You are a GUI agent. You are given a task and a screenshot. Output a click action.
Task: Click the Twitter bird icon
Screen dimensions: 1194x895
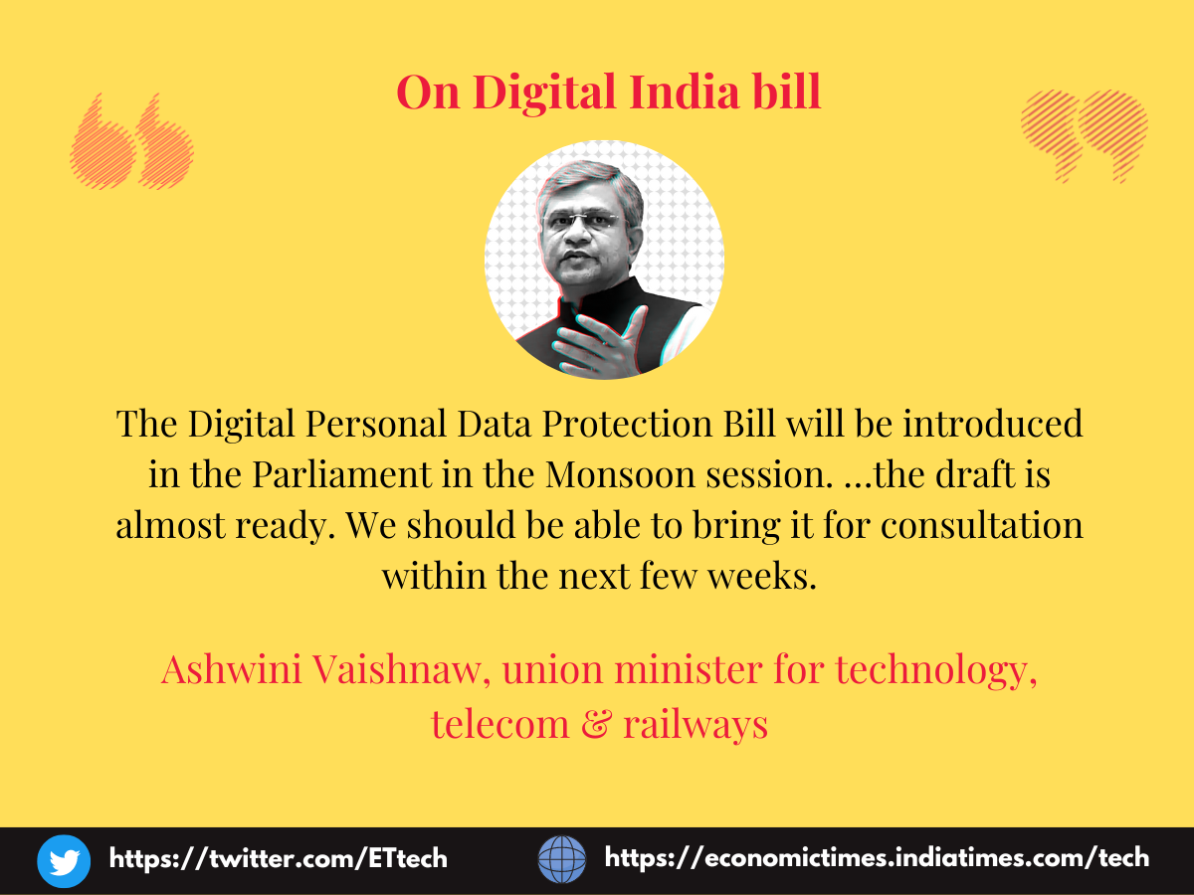point(64,861)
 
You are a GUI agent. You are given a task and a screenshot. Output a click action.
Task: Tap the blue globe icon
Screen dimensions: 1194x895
point(562,859)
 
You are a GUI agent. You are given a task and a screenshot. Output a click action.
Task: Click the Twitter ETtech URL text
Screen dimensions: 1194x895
point(278,858)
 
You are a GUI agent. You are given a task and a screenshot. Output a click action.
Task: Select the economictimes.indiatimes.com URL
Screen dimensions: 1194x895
point(877,858)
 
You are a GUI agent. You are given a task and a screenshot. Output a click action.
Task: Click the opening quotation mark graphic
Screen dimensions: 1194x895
point(131,141)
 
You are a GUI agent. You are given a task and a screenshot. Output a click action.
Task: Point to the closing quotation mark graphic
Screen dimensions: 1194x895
point(1085,136)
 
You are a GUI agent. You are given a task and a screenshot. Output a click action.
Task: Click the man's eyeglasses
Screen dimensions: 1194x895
point(580,221)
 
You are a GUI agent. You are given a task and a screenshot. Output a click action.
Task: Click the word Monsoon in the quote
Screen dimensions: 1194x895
point(620,475)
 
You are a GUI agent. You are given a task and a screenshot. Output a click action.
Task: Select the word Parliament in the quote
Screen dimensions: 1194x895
point(341,474)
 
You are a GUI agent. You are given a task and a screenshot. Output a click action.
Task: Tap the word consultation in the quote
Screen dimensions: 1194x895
point(981,525)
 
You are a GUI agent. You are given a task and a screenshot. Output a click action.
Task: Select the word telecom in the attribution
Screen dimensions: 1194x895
point(499,724)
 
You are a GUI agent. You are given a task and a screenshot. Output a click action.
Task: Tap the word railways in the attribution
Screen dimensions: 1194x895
point(696,726)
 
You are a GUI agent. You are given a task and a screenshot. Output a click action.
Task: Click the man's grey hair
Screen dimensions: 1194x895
point(590,182)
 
